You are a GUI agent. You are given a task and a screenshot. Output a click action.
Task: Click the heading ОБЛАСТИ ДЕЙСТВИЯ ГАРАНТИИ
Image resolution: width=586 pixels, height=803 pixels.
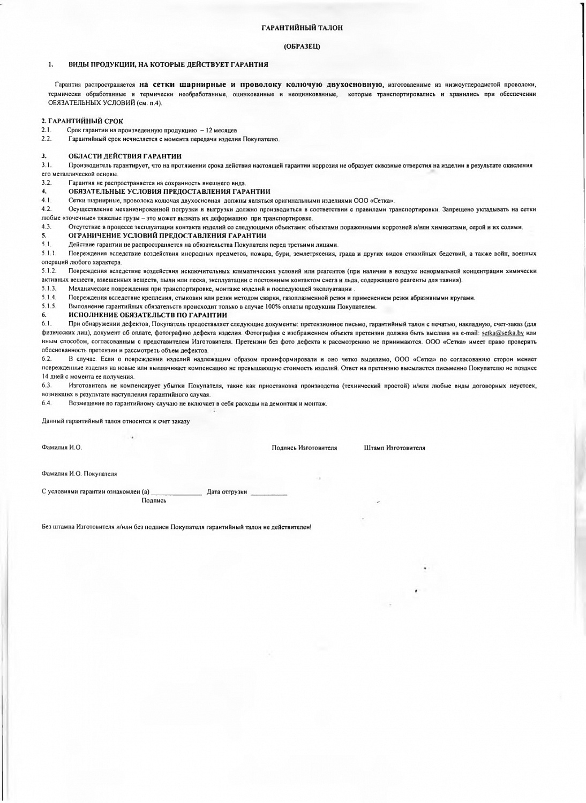(x=125, y=156)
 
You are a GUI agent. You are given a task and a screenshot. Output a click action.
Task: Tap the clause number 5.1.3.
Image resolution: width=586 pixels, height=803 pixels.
(x=49, y=289)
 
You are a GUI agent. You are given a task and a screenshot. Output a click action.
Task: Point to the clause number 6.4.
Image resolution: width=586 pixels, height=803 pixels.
(x=47, y=403)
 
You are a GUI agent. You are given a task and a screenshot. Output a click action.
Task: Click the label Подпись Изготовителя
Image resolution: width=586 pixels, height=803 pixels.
(x=304, y=448)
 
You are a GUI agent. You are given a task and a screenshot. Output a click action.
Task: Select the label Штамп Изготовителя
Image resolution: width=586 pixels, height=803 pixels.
(x=394, y=448)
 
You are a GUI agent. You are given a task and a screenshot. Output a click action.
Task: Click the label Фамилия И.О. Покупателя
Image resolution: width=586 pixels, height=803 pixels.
(x=79, y=474)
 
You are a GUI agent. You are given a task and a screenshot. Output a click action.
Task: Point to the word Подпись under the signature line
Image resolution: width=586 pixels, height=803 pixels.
(x=154, y=501)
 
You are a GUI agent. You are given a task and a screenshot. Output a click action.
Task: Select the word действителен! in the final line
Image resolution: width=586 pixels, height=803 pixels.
(x=292, y=527)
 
